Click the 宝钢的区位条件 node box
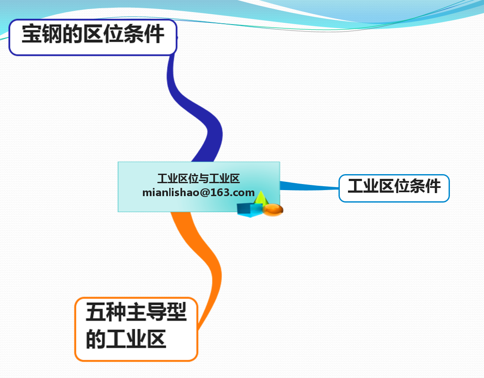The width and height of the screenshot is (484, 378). pyautogui.click(x=93, y=37)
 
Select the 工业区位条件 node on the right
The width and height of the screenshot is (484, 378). pyautogui.click(x=394, y=188)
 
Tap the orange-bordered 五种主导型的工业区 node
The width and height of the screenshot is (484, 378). pyautogui.click(x=136, y=329)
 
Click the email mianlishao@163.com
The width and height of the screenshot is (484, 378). pyautogui.click(x=199, y=193)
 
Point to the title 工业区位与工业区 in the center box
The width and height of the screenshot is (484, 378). pyautogui.click(x=199, y=178)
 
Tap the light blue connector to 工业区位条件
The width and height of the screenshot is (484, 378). pyautogui.click(x=309, y=186)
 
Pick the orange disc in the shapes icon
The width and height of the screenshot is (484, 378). pyautogui.click(x=273, y=209)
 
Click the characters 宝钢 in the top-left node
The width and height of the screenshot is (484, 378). pyautogui.click(x=42, y=34)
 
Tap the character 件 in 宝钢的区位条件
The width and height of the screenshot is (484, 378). pyautogui.click(x=154, y=34)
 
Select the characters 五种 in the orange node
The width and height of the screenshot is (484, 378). pyautogui.click(x=106, y=312)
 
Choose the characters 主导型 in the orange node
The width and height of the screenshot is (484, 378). pyautogui.click(x=156, y=312)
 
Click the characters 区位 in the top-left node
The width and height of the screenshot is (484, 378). pyautogui.click(x=103, y=34)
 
